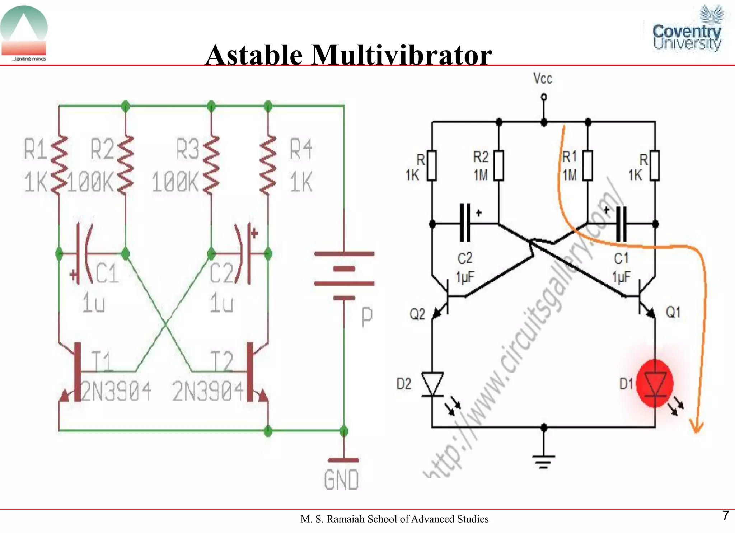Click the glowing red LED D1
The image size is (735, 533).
point(655,384)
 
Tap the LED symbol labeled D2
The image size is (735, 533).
point(432,384)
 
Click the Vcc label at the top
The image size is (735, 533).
point(542,78)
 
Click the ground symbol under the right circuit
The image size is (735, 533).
point(544,461)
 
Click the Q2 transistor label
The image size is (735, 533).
point(417,314)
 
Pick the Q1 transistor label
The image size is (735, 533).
point(673,312)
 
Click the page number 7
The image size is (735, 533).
point(725,516)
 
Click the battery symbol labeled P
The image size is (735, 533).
point(344,276)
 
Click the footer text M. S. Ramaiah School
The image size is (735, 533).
point(394,519)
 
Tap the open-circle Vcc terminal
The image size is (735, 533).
point(544,97)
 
